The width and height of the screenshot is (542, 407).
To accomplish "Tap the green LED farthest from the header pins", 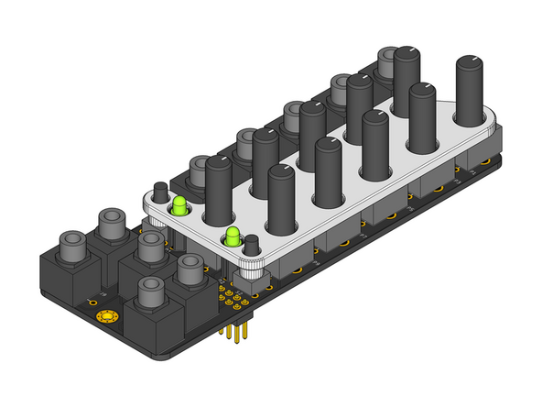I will tap(179, 204).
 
